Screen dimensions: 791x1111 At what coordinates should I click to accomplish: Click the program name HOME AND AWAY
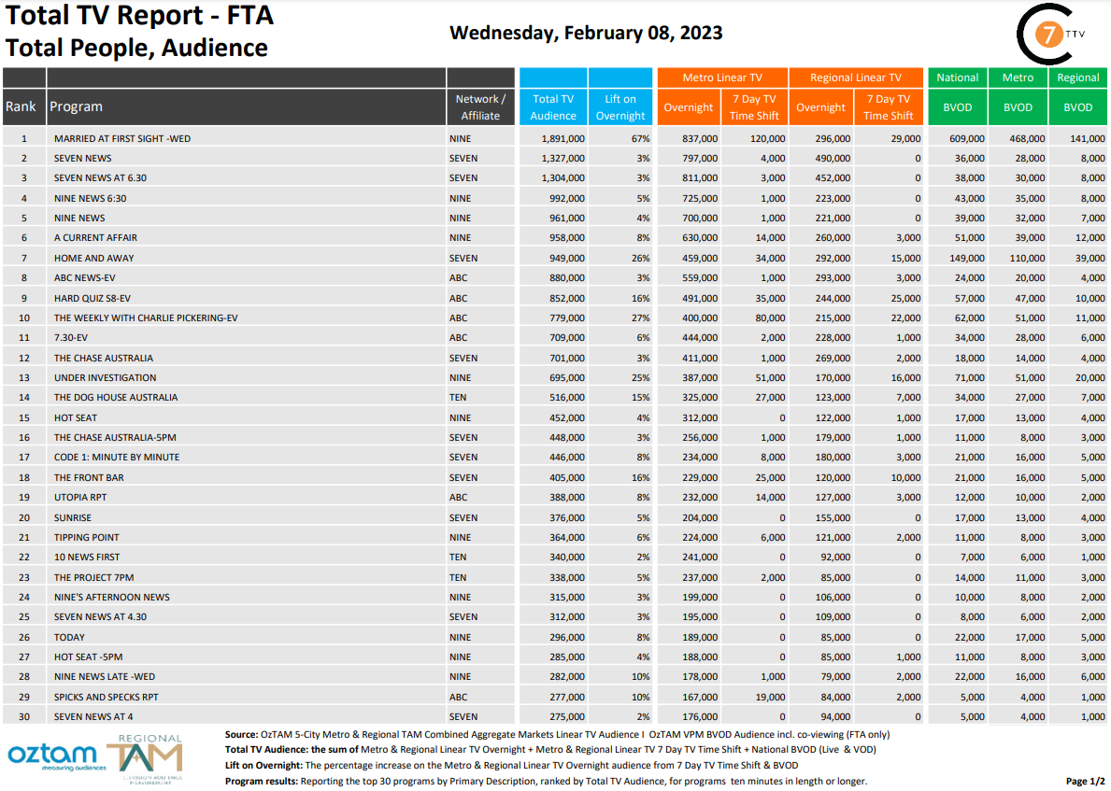[93, 258]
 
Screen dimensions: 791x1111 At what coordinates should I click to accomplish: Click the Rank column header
[21, 106]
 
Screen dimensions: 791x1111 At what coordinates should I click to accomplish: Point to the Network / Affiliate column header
[480, 106]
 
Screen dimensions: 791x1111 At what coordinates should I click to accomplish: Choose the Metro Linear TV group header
[722, 78]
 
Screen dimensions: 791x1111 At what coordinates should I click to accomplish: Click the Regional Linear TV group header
[855, 78]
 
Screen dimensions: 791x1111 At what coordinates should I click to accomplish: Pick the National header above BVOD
[958, 78]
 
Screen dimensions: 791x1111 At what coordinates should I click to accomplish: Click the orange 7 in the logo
[1051, 36]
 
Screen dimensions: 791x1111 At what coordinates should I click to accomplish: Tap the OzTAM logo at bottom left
[52, 754]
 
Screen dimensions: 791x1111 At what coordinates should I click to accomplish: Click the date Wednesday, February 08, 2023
[586, 33]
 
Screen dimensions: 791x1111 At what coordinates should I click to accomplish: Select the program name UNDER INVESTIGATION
[105, 377]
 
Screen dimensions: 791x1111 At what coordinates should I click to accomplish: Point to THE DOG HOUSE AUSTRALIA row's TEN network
[458, 397]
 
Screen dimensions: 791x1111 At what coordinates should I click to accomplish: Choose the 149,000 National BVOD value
[963, 258]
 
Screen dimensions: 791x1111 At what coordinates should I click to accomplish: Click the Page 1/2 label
[1085, 781]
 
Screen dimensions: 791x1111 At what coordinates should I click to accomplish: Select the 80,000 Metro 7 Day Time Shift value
[766, 318]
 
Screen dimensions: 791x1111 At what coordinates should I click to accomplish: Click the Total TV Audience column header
[553, 106]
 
